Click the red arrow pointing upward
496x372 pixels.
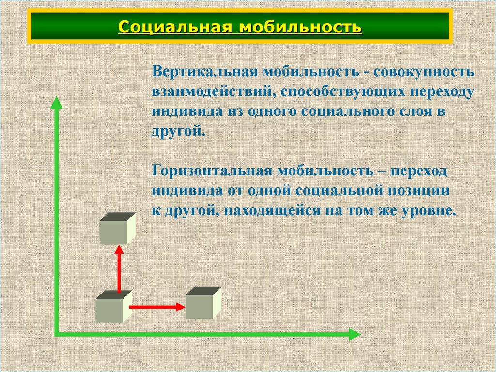click(119, 269)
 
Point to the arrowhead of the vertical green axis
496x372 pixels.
click(57, 103)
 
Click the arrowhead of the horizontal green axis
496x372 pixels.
click(355, 334)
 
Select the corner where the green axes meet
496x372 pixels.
click(57, 334)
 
